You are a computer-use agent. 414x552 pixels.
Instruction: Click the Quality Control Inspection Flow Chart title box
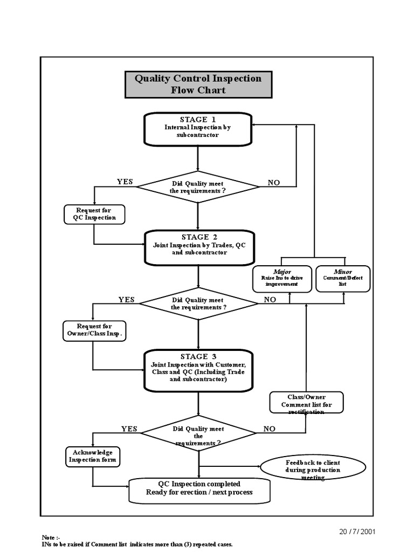pyautogui.click(x=198, y=84)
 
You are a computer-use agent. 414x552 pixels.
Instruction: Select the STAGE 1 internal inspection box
pyautogui.click(x=198, y=129)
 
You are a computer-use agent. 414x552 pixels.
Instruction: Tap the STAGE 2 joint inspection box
pyautogui.click(x=199, y=247)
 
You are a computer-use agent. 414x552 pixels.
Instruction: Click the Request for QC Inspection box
pyautogui.click(x=94, y=214)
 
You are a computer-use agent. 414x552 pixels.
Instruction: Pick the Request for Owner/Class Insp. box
pyautogui.click(x=94, y=330)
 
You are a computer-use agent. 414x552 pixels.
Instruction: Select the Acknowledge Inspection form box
pyautogui.click(x=93, y=456)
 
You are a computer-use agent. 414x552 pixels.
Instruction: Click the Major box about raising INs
pyautogui.click(x=282, y=279)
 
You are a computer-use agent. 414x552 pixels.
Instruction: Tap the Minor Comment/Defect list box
pyautogui.click(x=343, y=279)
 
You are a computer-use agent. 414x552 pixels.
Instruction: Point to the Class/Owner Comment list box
pyautogui.click(x=306, y=403)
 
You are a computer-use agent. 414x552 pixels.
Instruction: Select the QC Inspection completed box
pyautogui.click(x=199, y=488)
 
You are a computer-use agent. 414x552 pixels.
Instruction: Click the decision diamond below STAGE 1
pyautogui.click(x=198, y=187)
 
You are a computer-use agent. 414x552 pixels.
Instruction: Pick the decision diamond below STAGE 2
pyautogui.click(x=198, y=303)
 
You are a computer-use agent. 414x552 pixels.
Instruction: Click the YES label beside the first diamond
pyautogui.click(x=125, y=182)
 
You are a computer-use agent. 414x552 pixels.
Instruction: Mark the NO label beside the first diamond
pyautogui.click(x=274, y=183)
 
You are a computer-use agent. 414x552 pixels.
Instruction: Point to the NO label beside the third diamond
pyautogui.click(x=269, y=429)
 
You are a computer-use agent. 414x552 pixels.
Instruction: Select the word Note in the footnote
pyautogui.click(x=48, y=537)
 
